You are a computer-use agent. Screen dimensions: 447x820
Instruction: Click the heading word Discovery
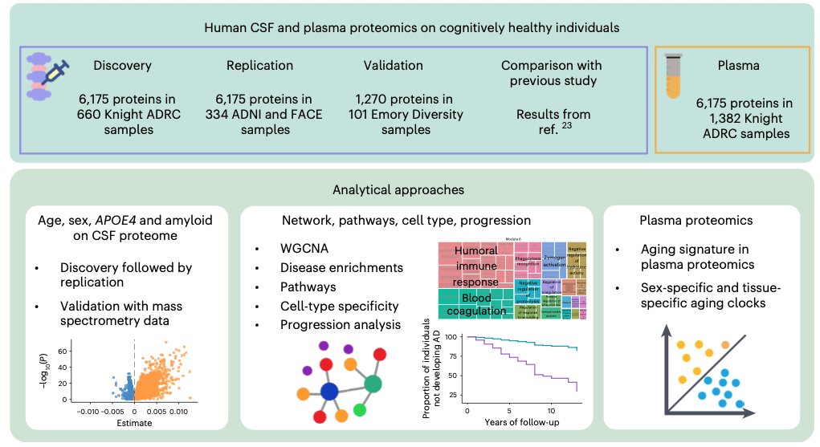122,65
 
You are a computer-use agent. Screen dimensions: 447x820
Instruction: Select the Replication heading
259,65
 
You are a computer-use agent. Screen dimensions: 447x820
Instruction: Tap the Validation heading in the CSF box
393,65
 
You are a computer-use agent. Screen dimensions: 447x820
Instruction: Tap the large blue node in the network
328,392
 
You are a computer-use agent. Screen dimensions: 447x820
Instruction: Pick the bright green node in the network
360,411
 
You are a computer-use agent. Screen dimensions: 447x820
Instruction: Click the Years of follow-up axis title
523,421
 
